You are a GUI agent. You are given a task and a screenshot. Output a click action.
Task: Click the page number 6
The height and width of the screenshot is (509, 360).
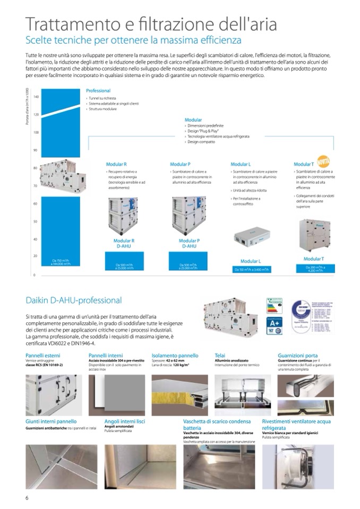tap(27, 497)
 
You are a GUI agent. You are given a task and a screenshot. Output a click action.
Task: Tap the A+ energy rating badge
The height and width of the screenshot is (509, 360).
tap(274, 322)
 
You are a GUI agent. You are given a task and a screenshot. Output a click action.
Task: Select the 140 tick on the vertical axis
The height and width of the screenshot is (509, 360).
tap(36, 97)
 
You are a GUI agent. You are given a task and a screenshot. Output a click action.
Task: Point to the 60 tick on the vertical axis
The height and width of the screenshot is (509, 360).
tap(35, 204)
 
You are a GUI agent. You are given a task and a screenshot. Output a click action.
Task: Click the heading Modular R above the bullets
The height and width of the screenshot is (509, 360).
tap(116, 165)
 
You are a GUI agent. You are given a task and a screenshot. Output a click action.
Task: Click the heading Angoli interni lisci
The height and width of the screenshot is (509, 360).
tap(125, 421)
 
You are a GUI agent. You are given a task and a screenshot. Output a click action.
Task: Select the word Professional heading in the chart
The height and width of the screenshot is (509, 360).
tap(98, 91)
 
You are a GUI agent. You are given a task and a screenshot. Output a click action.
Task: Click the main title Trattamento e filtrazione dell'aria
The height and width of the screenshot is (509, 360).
tap(151, 24)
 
